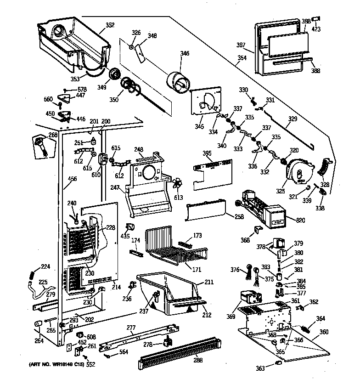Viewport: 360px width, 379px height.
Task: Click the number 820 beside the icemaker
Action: [301, 221]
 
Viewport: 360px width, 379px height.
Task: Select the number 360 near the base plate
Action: [324, 332]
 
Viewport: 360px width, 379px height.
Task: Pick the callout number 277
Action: [132, 327]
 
